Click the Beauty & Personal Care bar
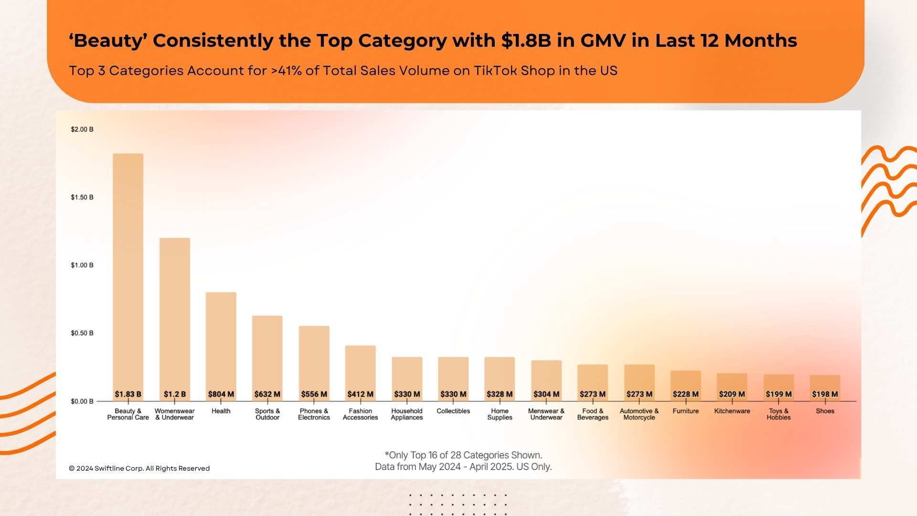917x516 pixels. tap(128, 272)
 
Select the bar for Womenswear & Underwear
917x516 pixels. tap(174, 315)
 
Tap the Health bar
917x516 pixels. tap(221, 342)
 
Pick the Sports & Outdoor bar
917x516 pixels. tap(267, 354)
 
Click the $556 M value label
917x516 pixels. tap(314, 394)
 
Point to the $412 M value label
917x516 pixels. tap(360, 394)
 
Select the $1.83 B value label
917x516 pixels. tap(128, 394)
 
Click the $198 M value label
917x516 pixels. tap(825, 394)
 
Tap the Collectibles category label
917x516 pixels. tap(453, 411)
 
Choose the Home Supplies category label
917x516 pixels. tap(500, 414)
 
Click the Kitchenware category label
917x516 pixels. tap(732, 411)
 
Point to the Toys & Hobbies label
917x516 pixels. tap(778, 414)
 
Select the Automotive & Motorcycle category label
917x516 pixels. tap(639, 414)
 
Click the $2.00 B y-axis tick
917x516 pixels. tap(82, 129)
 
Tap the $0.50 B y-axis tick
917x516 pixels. tap(82, 333)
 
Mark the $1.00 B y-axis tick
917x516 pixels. tap(82, 265)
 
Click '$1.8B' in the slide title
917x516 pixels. tap(526, 41)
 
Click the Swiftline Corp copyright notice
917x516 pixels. tap(139, 468)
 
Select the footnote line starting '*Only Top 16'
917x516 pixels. tap(463, 455)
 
